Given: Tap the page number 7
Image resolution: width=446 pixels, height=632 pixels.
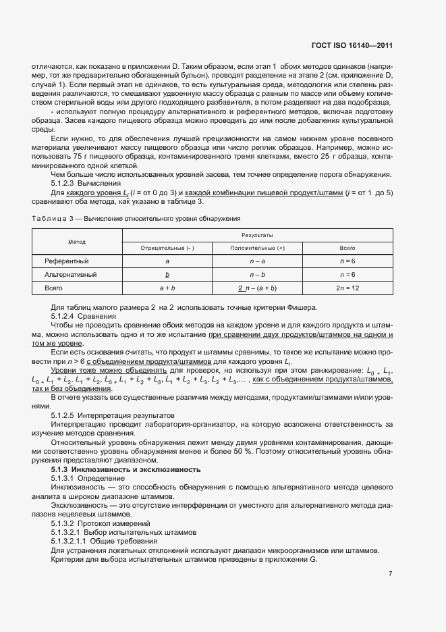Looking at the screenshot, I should (391, 573).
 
